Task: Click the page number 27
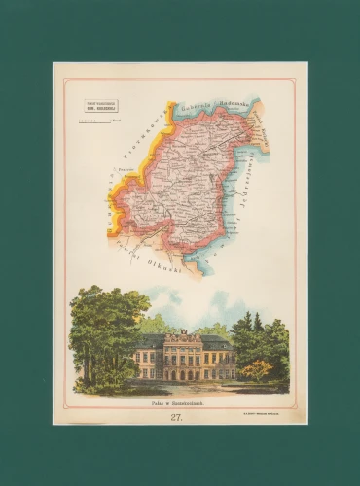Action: tap(177, 417)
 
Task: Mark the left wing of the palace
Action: tap(149, 359)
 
